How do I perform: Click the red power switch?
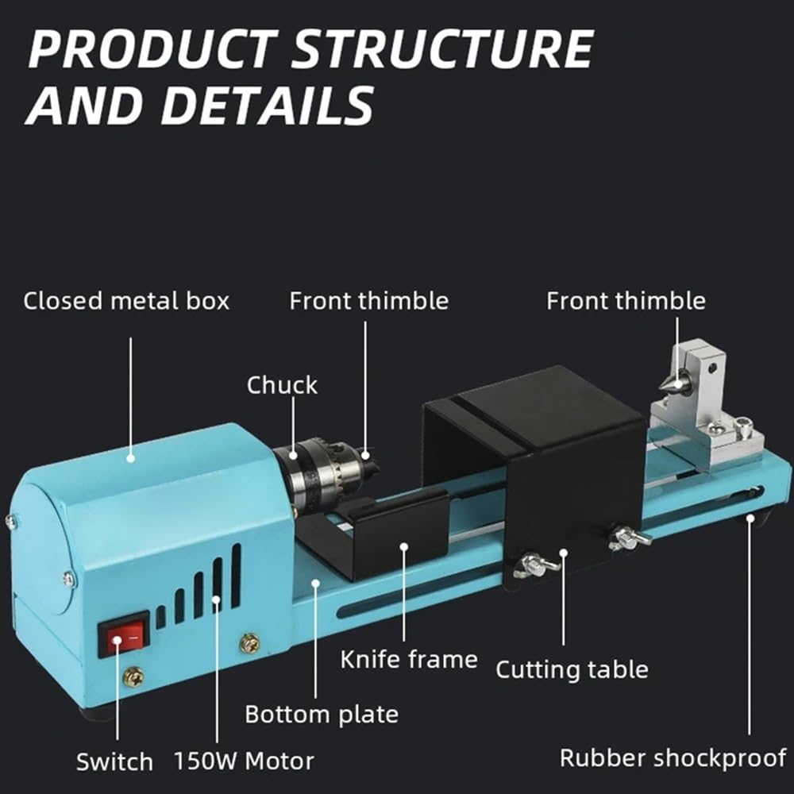[124, 634]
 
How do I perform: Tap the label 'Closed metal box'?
[126, 301]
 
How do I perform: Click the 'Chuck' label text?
[282, 385]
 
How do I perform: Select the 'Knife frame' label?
[409, 660]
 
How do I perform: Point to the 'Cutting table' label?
[572, 669]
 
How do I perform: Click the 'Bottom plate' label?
[322, 715]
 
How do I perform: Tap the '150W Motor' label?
[244, 761]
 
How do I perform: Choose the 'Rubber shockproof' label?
[673, 758]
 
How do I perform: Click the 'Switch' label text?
[114, 761]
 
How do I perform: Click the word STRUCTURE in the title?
[443, 48]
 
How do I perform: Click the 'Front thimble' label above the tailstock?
[626, 301]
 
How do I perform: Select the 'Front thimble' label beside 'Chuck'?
[368, 301]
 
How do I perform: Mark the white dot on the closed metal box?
[131, 459]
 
